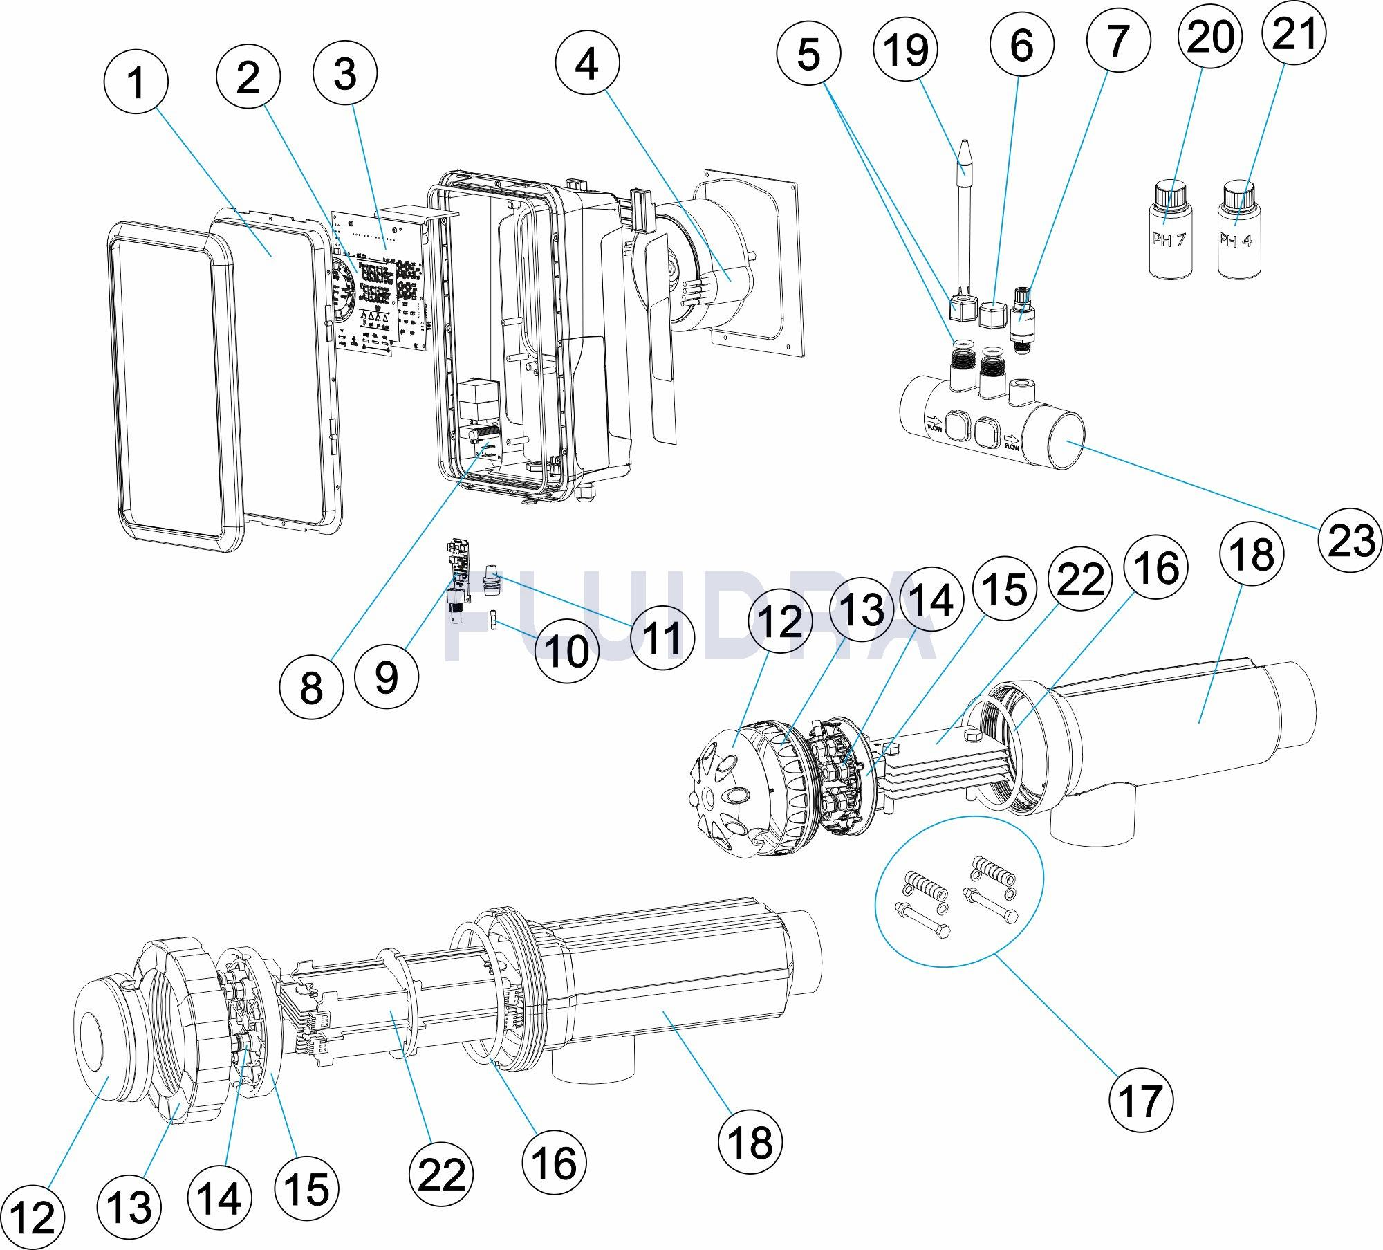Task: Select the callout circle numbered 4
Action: (x=587, y=64)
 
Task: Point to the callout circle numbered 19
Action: (x=906, y=50)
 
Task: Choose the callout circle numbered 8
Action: (x=311, y=687)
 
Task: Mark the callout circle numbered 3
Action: (x=345, y=73)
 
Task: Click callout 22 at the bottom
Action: (x=441, y=1173)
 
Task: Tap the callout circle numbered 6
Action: (x=1021, y=44)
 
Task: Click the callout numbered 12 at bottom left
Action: (x=33, y=1215)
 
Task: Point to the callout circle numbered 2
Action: (x=248, y=77)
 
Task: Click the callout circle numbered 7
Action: (x=1118, y=39)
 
